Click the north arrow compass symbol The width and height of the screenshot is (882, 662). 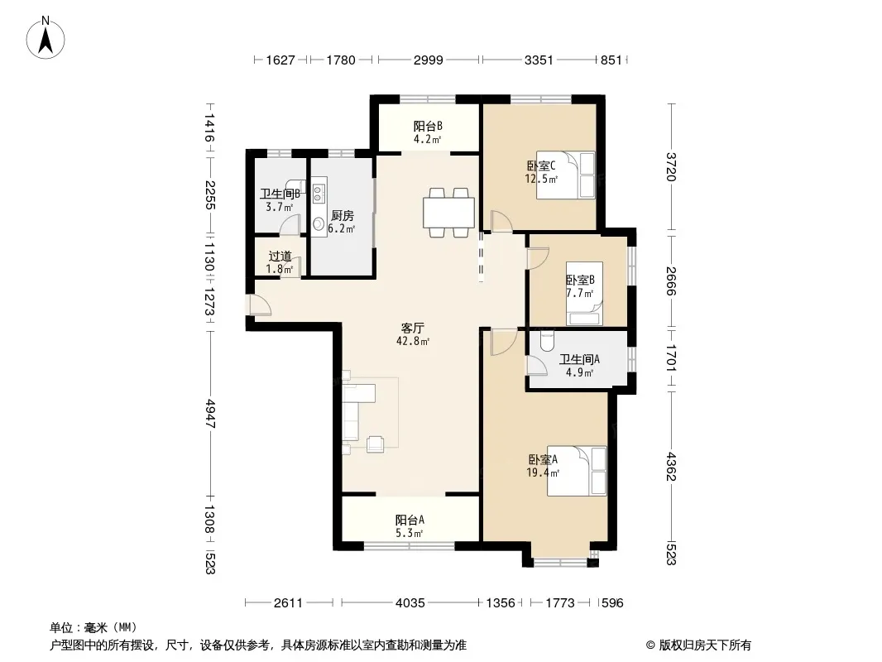46,39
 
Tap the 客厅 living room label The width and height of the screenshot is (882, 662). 412,328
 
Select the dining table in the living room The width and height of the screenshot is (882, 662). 449,213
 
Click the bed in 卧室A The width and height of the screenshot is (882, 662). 578,471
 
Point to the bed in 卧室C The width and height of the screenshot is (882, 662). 565,175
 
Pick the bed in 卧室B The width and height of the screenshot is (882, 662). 584,294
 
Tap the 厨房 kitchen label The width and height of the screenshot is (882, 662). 342,215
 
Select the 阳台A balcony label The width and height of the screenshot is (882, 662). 410,520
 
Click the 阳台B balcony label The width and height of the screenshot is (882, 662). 428,126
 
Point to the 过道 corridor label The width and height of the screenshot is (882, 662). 280,256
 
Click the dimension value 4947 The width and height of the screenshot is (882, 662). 209,414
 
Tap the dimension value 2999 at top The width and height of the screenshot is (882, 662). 429,60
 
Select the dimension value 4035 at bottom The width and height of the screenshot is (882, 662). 410,603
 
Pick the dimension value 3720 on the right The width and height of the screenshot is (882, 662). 670,167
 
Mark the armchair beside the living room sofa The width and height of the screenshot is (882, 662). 376,444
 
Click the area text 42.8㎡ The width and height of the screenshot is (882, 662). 413,341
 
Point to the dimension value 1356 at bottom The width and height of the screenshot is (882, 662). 501,603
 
